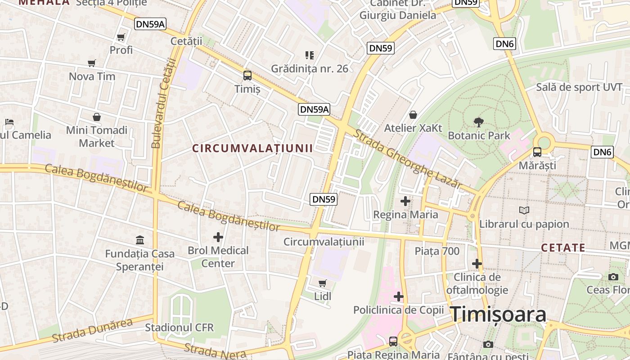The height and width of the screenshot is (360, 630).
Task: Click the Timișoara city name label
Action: point(499,314)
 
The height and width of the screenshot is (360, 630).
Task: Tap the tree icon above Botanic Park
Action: point(479,121)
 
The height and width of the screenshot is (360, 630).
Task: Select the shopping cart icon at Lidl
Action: point(322,283)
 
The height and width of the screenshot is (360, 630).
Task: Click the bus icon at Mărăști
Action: point(537,152)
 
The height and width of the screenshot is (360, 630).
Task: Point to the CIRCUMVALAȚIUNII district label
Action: point(252,148)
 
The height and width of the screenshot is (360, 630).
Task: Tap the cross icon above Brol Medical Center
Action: point(218,237)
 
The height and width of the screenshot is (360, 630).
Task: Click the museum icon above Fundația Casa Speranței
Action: point(140,240)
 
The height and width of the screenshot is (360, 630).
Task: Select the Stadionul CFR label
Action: point(179,327)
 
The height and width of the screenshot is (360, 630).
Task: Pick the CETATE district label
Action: point(563,247)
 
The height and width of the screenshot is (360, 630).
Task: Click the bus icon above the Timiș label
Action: point(247,76)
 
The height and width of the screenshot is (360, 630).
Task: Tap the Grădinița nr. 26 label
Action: point(310,68)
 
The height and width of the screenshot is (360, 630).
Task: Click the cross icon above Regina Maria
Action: point(405,201)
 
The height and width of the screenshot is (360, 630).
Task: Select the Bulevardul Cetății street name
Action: point(163,103)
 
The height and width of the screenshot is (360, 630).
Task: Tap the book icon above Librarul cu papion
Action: point(524,210)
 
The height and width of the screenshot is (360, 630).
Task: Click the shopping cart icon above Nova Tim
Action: point(92,63)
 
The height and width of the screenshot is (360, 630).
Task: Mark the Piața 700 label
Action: point(437,251)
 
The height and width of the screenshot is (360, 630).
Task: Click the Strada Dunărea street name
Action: point(93,330)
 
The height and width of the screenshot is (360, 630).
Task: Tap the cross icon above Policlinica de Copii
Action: point(399,297)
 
